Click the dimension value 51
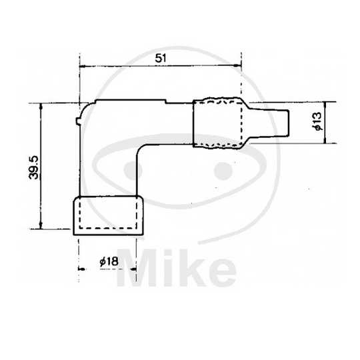click(160, 58)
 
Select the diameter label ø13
click(317, 122)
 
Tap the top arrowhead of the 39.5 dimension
click(43, 106)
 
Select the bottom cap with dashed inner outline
click(107, 215)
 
